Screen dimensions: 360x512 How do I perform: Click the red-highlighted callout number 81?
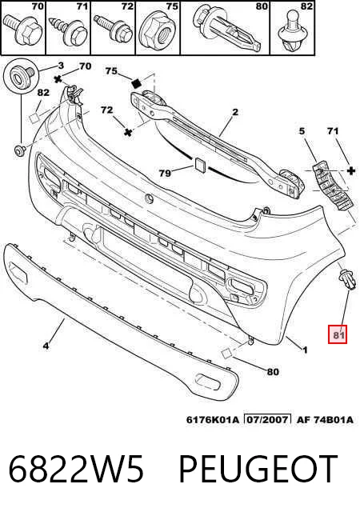[338, 334]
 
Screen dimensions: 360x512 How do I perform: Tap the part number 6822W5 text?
[76, 470]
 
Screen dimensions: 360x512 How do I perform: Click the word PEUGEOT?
[258, 470]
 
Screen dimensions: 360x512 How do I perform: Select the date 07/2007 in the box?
[267, 419]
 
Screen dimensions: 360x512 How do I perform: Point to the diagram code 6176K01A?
[213, 419]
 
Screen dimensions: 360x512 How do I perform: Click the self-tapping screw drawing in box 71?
[69, 30]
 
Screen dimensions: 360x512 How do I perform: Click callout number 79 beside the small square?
[165, 173]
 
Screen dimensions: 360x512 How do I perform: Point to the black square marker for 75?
[136, 83]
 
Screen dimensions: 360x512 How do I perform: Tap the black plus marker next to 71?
[351, 170]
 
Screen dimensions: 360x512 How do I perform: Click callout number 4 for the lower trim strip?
[46, 345]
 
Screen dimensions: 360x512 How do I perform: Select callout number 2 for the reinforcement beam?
[235, 112]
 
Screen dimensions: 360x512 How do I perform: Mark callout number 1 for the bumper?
[305, 350]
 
